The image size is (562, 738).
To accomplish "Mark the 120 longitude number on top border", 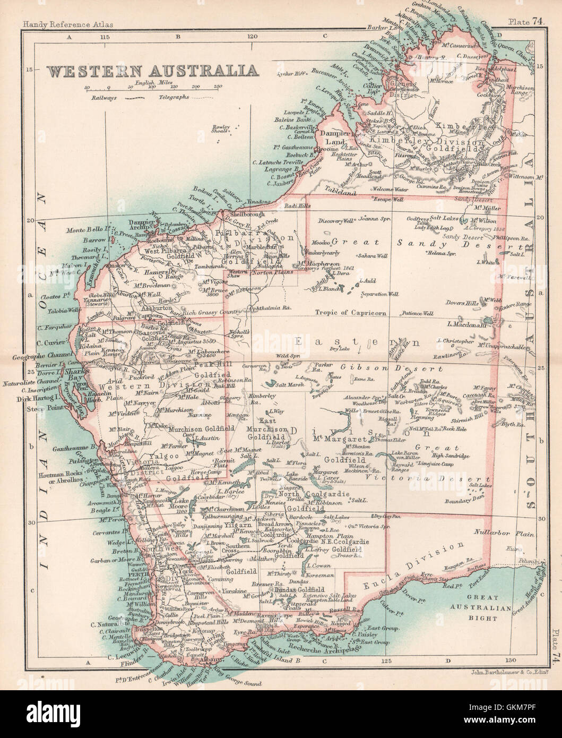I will click(x=251, y=37).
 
